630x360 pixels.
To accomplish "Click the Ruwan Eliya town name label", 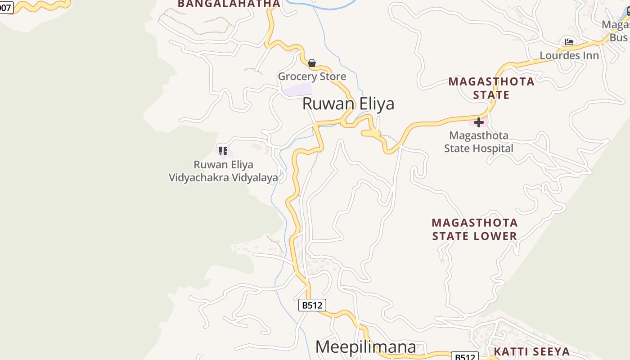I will (x=348, y=103).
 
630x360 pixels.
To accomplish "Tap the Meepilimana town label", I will (x=365, y=347).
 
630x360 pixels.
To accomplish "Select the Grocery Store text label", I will (x=312, y=76).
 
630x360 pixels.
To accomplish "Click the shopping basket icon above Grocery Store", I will (x=312, y=63).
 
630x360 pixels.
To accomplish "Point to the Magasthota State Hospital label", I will (x=479, y=142).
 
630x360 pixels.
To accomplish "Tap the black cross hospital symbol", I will (x=479, y=122).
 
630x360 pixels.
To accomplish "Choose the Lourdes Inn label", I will (x=569, y=55).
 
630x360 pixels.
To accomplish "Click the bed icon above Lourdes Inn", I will (x=569, y=42).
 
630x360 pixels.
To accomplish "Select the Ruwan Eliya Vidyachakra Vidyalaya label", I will (x=223, y=171).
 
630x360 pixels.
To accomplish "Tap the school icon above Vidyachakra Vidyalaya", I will (x=223, y=151).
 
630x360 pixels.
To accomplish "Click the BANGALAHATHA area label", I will (x=229, y=4).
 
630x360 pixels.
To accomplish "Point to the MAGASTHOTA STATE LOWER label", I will (x=475, y=229).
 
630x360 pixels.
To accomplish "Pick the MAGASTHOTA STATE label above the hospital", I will (x=491, y=88).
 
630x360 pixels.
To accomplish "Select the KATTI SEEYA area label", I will (x=532, y=351).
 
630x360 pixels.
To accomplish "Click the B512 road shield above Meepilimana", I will (x=312, y=305).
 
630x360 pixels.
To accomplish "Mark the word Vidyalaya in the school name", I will (x=255, y=178).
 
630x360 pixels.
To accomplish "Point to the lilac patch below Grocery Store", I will (x=297, y=90).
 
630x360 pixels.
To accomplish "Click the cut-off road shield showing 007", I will (x=6, y=7).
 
